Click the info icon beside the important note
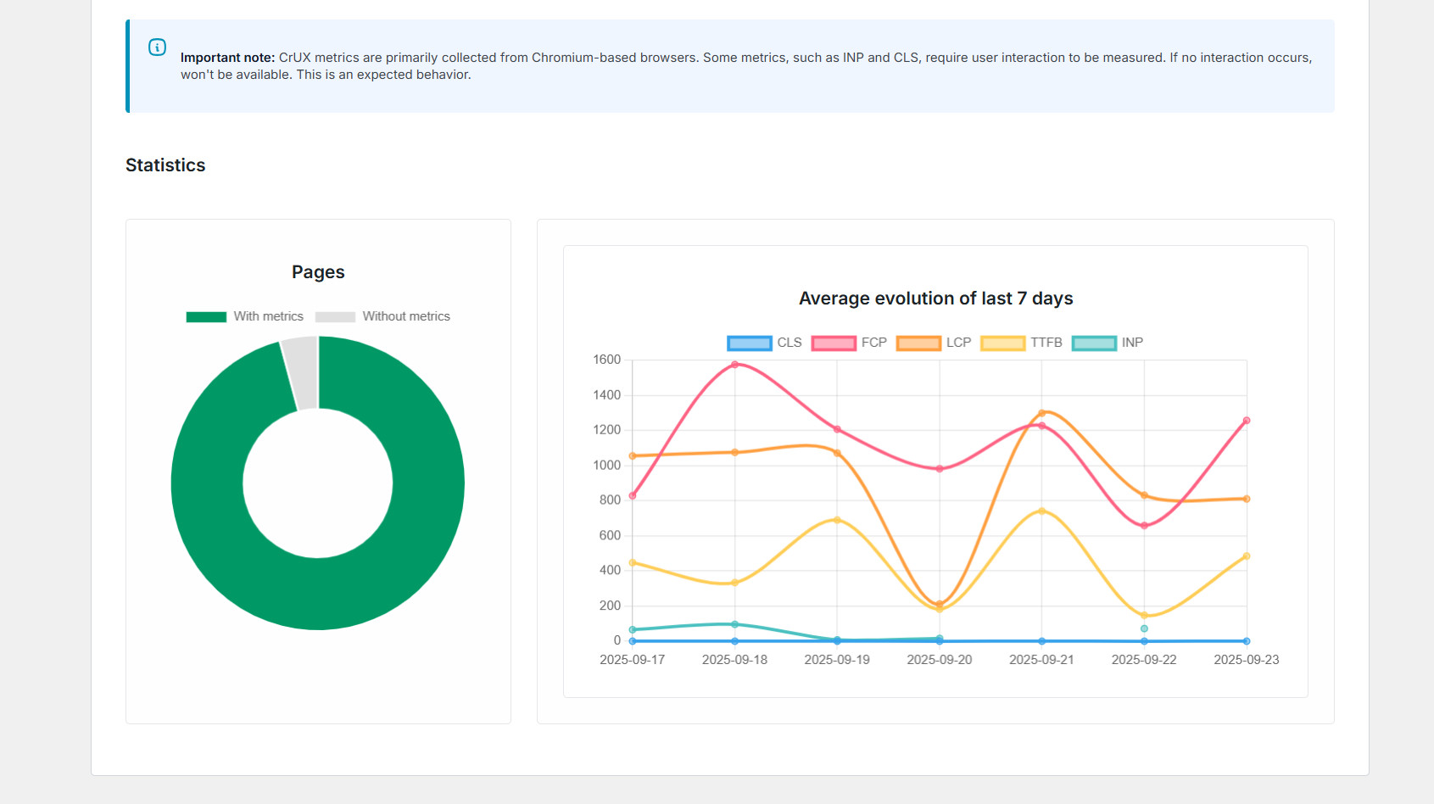tap(157, 47)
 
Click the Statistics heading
tap(165, 165)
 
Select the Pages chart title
tap(318, 272)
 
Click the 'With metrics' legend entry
tap(245, 316)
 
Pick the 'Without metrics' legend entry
tap(382, 316)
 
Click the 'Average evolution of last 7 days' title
tap(935, 299)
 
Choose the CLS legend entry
tap(765, 343)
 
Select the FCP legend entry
tap(849, 343)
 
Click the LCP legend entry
tap(934, 343)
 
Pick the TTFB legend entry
tap(1021, 343)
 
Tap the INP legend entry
tap(1108, 343)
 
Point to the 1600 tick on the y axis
tap(607, 360)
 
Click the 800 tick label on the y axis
tap(610, 500)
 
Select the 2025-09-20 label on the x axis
tap(940, 660)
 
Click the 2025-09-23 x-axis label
tap(1246, 660)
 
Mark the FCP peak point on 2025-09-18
tap(734, 365)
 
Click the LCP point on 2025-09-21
tap(1041, 414)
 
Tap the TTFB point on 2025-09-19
tap(837, 520)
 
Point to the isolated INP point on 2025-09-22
tap(1144, 628)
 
